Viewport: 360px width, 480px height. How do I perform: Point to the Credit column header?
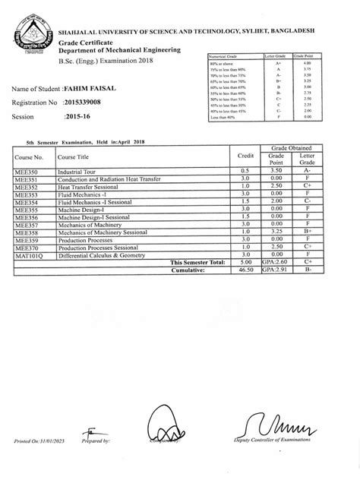tap(245, 155)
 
